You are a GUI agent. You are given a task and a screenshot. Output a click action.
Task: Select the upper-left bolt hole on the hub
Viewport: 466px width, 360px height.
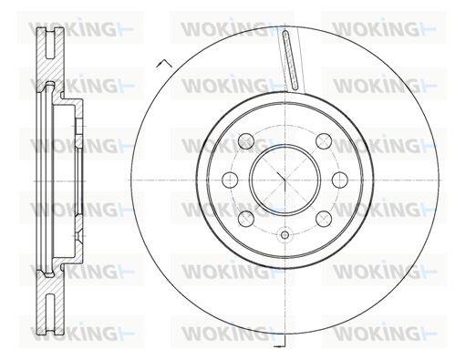(246, 141)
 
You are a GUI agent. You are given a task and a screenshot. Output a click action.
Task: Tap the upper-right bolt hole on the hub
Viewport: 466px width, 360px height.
(324, 141)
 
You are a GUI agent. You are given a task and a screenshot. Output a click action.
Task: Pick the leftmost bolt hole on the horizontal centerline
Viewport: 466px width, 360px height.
(230, 180)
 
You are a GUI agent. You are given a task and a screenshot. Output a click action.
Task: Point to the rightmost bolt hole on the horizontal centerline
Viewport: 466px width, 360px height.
(340, 180)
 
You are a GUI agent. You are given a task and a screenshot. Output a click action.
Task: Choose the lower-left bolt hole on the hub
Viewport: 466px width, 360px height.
(246, 219)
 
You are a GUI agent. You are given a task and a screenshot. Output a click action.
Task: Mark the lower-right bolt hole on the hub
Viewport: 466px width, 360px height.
(324, 219)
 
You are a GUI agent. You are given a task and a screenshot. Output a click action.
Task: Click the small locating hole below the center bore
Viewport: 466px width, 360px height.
(285, 234)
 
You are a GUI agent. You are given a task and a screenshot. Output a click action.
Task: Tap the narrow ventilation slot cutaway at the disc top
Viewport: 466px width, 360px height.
(290, 60)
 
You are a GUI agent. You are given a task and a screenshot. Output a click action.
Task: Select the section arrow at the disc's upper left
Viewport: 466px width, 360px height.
(164, 63)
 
